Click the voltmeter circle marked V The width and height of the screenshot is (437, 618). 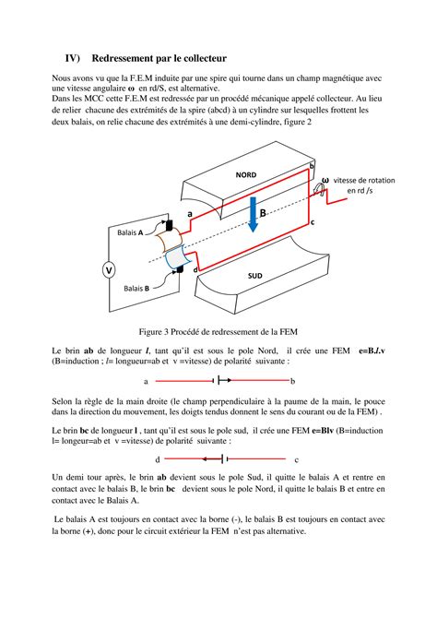(109, 270)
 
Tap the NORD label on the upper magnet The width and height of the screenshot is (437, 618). (245, 173)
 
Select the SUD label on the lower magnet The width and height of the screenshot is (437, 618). (254, 275)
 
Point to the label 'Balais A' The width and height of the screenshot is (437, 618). (130, 233)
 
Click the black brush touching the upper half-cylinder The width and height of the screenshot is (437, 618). (170, 225)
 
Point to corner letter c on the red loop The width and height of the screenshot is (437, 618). (313, 222)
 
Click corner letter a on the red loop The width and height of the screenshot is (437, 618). (190, 212)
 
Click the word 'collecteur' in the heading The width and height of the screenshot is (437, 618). (209, 57)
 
